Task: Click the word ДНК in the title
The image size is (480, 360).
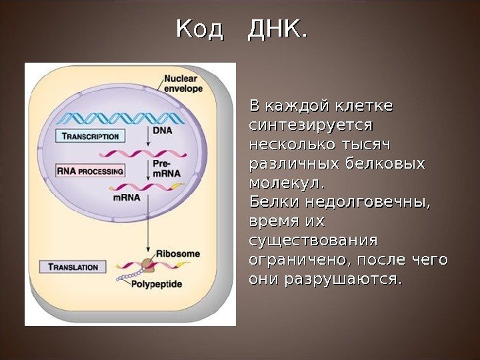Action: point(277,29)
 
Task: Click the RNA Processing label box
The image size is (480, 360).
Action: point(91,171)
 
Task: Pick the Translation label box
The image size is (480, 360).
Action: point(73,267)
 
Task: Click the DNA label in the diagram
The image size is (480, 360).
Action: point(162,131)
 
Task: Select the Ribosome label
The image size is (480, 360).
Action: point(178,253)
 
